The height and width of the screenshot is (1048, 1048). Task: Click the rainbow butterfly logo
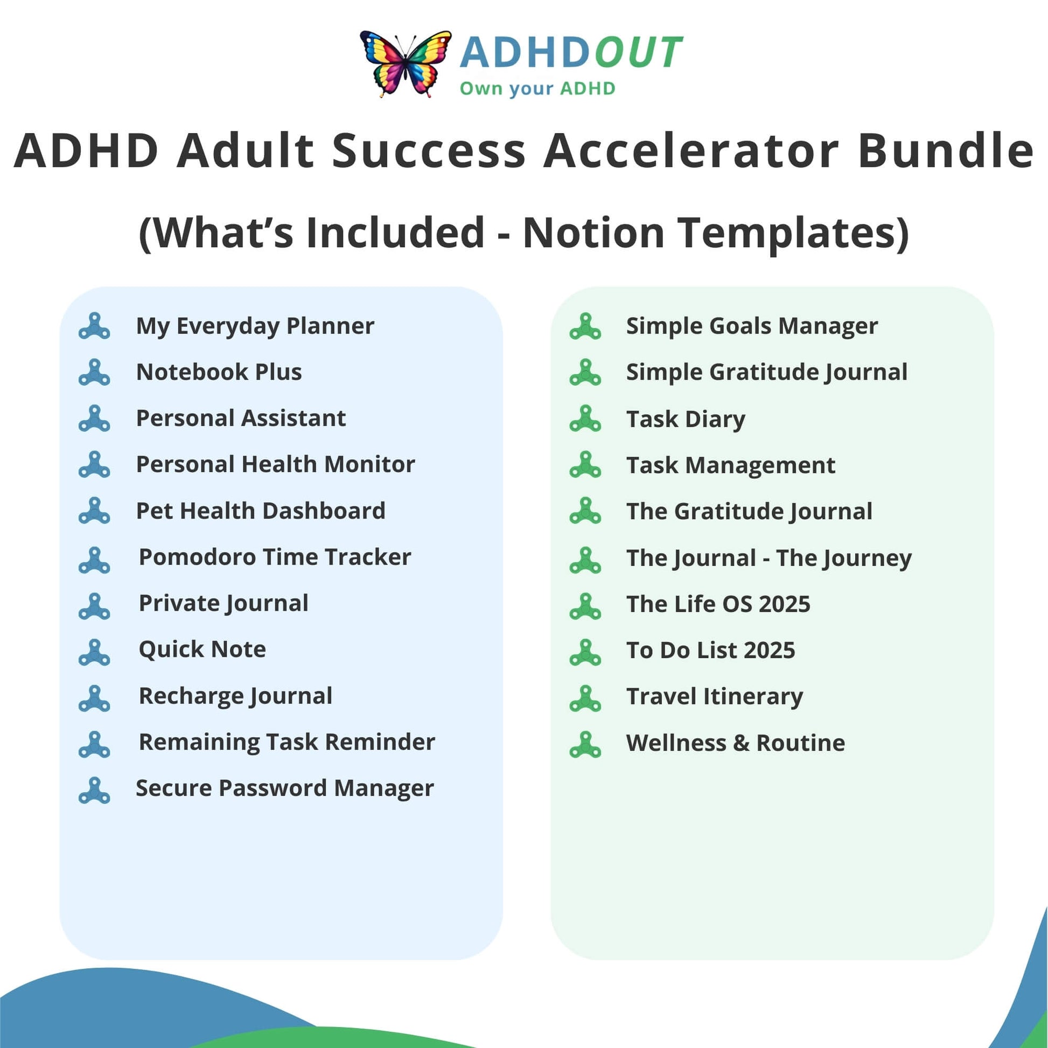(x=406, y=64)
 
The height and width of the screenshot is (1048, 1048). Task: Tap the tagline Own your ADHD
(x=537, y=88)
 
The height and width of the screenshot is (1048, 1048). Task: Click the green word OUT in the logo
(x=638, y=53)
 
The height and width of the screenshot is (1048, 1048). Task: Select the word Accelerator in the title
(x=691, y=150)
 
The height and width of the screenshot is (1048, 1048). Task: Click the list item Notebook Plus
(x=219, y=372)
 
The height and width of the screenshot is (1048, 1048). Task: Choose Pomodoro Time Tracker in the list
(x=275, y=557)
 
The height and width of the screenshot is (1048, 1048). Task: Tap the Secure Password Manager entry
(x=285, y=788)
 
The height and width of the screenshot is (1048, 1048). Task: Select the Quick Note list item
(x=202, y=649)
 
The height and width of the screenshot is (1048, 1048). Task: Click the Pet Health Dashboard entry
(x=261, y=511)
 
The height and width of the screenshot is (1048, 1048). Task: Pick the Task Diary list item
(x=686, y=420)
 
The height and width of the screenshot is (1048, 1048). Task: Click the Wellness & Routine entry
(x=736, y=743)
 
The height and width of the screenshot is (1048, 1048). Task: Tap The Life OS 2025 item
(x=718, y=604)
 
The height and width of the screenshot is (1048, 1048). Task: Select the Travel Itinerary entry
(x=715, y=697)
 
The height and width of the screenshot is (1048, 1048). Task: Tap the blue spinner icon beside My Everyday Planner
(x=94, y=326)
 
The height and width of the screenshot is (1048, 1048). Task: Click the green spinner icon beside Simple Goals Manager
(x=585, y=326)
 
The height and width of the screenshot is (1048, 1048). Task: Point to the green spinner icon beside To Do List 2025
(x=585, y=652)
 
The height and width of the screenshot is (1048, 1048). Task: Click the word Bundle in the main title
(x=946, y=150)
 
